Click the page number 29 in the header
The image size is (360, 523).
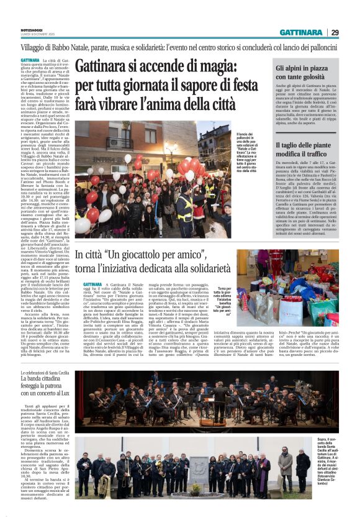coord(335,32)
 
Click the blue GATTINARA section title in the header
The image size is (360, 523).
coord(300,32)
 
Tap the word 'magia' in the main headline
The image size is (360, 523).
coord(207,65)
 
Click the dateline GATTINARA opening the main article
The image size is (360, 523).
coord(32,60)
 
